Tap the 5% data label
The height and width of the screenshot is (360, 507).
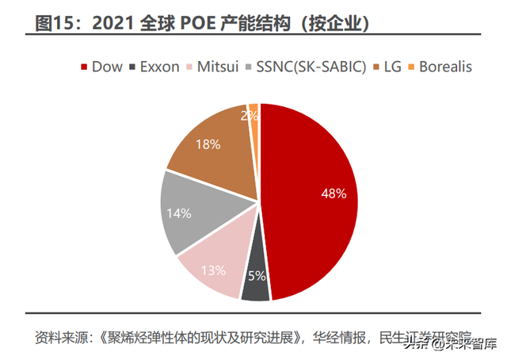tap(257, 276)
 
